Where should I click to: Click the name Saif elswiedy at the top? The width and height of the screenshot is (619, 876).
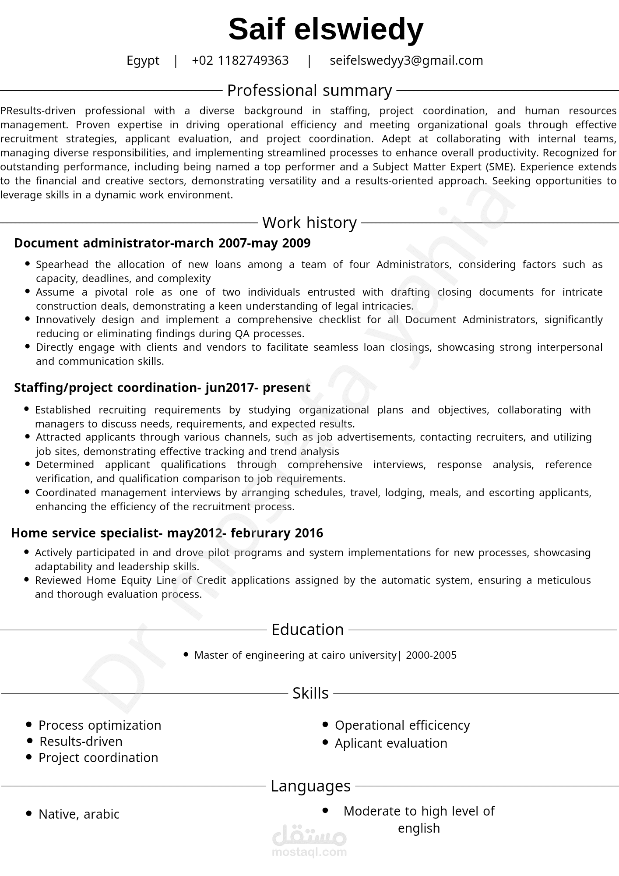point(326,29)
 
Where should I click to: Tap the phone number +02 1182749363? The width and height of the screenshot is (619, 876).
point(240,60)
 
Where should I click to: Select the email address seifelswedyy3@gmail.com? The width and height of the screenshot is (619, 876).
point(406,60)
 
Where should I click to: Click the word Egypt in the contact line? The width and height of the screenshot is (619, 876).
point(143,60)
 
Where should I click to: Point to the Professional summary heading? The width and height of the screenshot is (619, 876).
point(309,91)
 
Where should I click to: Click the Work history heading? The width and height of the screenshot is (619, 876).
point(309,223)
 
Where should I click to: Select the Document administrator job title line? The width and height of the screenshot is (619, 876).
point(162,243)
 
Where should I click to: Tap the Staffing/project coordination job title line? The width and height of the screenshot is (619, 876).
point(162,388)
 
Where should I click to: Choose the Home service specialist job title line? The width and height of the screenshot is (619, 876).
point(167,533)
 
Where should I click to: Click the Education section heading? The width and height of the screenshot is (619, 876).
point(307,630)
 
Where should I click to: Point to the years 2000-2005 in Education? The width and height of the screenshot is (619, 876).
point(431,655)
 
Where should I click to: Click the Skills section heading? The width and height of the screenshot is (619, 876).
point(310,693)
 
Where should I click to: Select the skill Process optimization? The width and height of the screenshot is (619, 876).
point(100,725)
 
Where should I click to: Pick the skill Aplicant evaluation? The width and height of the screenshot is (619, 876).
point(391,743)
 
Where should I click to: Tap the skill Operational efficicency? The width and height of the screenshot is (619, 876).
point(402,725)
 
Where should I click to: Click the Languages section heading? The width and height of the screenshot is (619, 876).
point(310,786)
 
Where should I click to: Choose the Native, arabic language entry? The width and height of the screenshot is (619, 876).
point(79,814)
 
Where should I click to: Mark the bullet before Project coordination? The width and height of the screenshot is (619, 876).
point(29,757)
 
